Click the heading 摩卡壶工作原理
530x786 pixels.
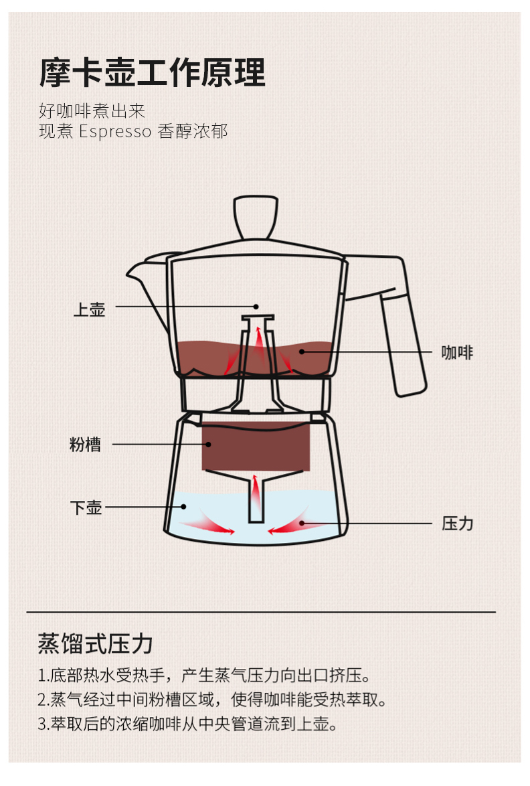pos(152,72)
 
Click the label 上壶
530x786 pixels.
pos(89,310)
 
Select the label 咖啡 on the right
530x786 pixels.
pos(457,352)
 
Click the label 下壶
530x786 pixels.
pos(86,507)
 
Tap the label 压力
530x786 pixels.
pos(457,524)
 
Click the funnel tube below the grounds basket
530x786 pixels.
pos(256,499)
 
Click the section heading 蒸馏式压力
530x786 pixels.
pos(95,644)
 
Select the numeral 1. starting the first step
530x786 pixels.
pos(43,675)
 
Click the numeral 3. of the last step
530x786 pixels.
pos(43,724)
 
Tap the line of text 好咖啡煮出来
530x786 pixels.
pos(92,110)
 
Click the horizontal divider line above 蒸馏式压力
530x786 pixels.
pos(261,612)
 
